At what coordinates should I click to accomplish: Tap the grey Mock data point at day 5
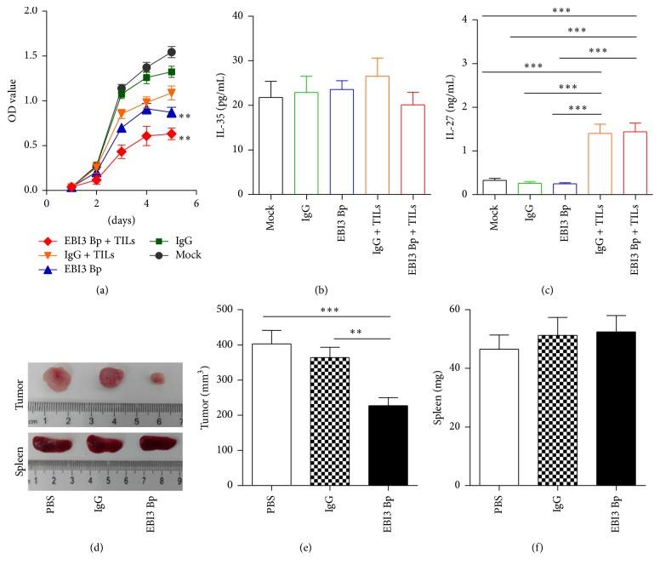pos(171,53)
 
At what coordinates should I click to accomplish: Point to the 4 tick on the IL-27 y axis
pos(475,19)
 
